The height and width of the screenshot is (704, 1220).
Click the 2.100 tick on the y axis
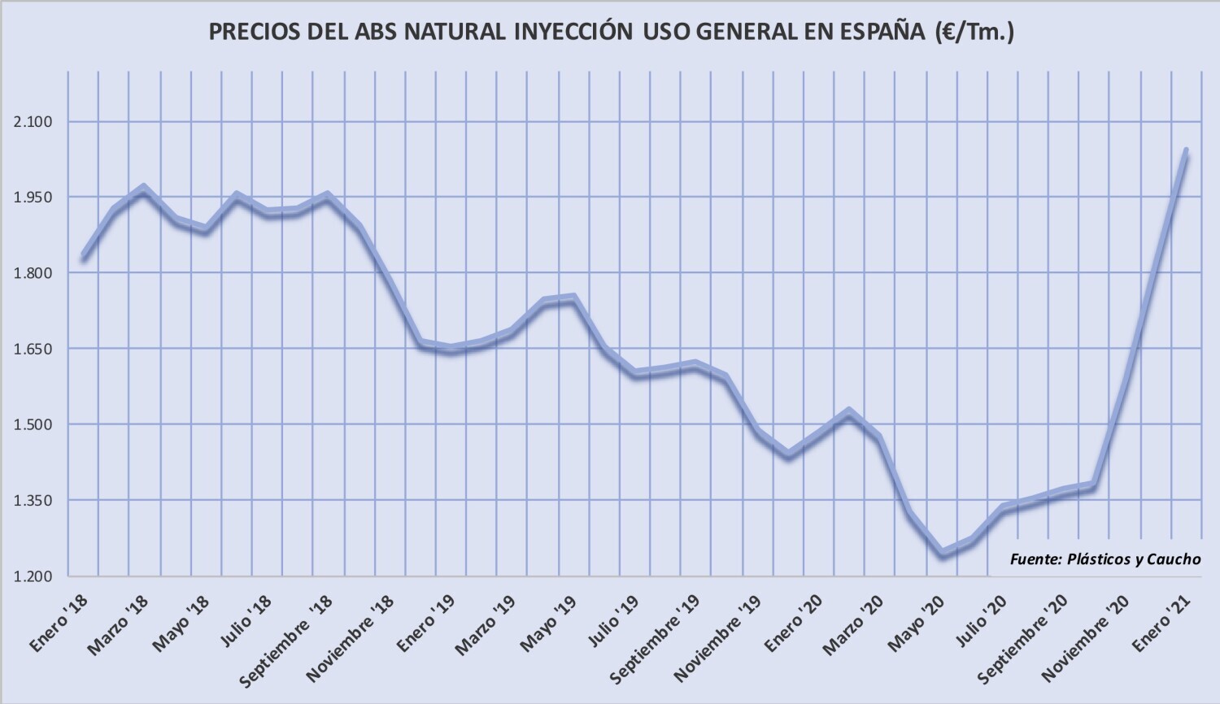point(33,122)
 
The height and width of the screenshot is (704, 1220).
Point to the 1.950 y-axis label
point(33,198)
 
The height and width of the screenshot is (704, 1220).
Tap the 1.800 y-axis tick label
point(33,273)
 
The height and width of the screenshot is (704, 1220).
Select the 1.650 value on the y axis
point(33,349)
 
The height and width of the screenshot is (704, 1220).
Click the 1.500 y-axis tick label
point(33,424)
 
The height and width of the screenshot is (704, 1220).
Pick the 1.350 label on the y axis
point(33,500)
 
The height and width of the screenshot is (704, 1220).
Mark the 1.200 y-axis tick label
point(33,576)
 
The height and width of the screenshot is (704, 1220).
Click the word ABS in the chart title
point(379,32)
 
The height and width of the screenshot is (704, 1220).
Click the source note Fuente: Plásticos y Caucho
point(1105,558)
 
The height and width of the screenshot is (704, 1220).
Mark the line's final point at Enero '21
point(1186,151)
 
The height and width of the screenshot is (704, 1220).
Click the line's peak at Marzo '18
point(144,189)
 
